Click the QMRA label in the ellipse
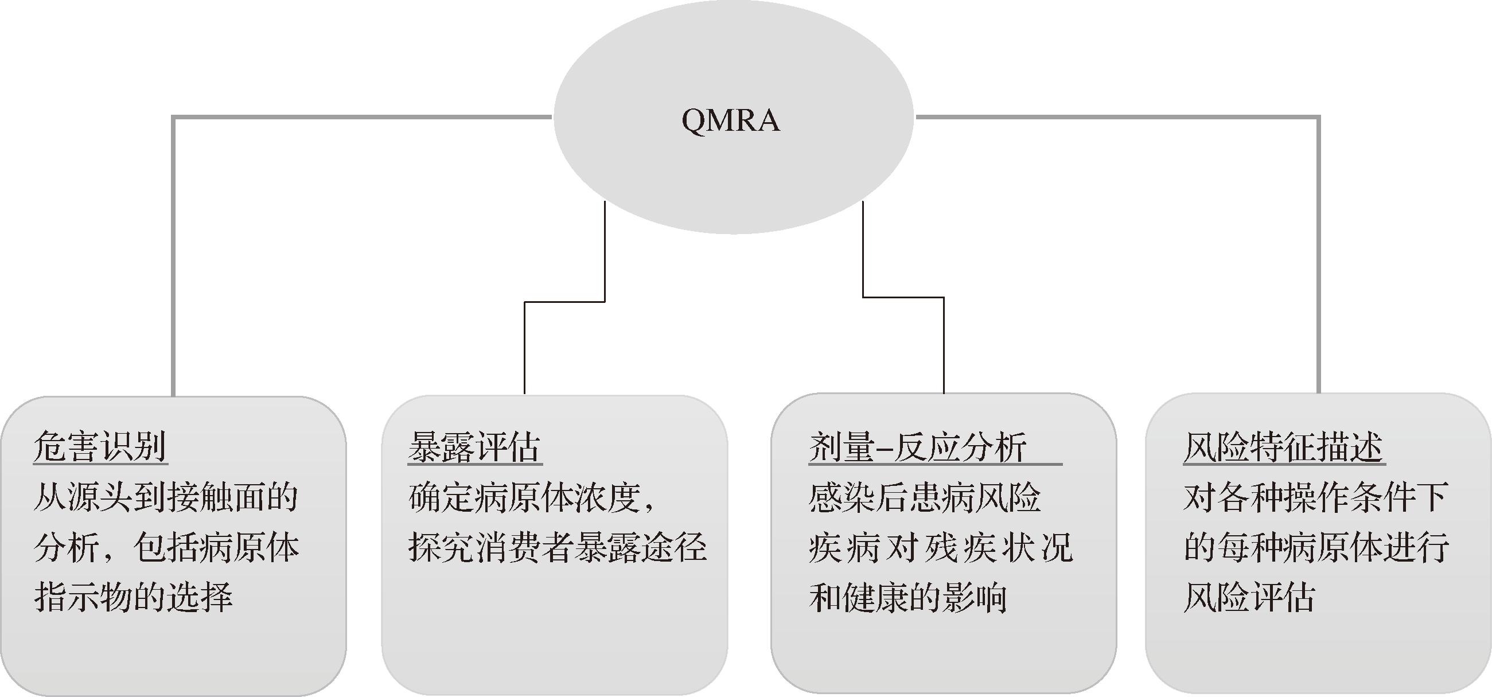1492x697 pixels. [730, 120]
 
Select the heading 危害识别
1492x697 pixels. [100, 447]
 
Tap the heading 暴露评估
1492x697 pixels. [474, 447]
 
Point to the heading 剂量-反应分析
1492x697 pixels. [918, 447]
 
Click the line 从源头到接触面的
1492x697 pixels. [166, 497]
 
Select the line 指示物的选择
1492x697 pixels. [133, 597]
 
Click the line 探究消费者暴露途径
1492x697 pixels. [557, 547]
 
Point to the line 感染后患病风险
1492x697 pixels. [924, 497]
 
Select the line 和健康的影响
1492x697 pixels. [908, 597]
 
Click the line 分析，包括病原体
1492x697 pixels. [166, 547]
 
